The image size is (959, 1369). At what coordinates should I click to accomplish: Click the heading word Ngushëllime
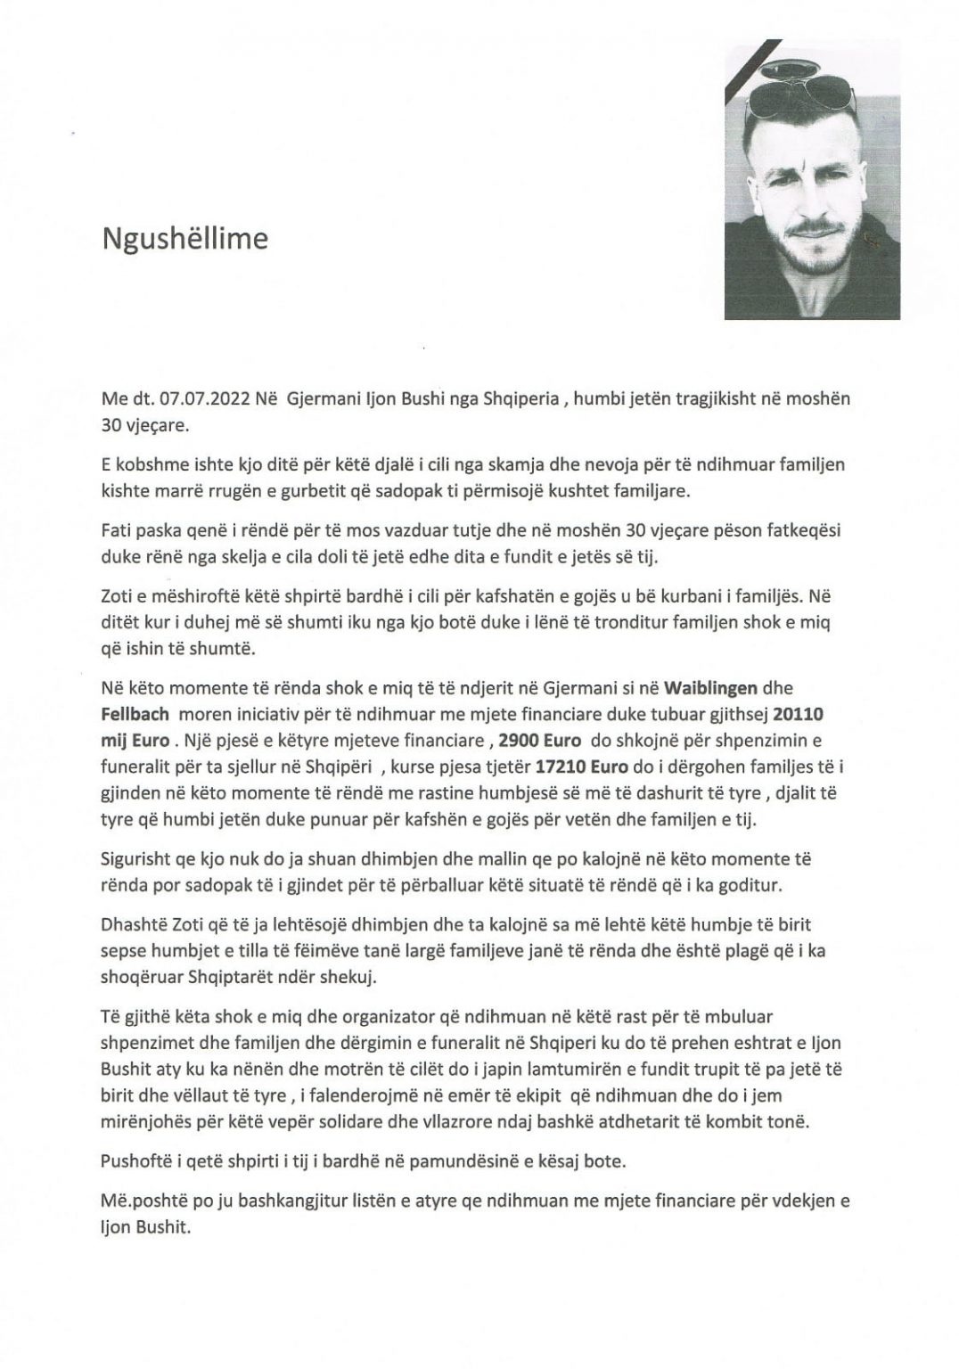[x=184, y=239]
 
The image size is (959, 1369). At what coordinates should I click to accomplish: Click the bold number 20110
[x=804, y=715]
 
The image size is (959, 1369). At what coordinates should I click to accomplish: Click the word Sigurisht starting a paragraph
[x=143, y=860]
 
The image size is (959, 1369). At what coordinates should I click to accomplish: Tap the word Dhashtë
[x=137, y=924]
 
